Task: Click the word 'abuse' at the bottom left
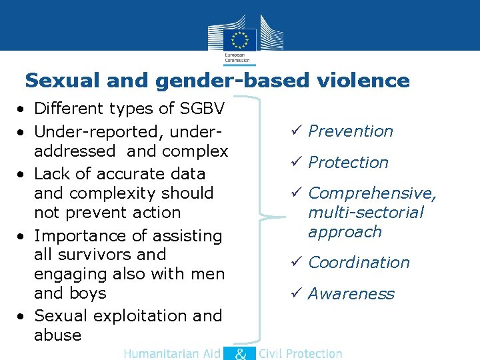(x=57, y=335)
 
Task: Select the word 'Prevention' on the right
(x=351, y=131)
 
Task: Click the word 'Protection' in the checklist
(x=348, y=163)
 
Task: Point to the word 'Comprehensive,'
(x=372, y=193)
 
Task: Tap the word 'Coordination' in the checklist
(x=359, y=263)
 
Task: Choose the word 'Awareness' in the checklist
(x=351, y=294)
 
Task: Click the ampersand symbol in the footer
(x=240, y=353)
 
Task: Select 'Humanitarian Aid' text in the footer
(x=171, y=354)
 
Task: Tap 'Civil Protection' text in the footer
(x=300, y=354)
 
